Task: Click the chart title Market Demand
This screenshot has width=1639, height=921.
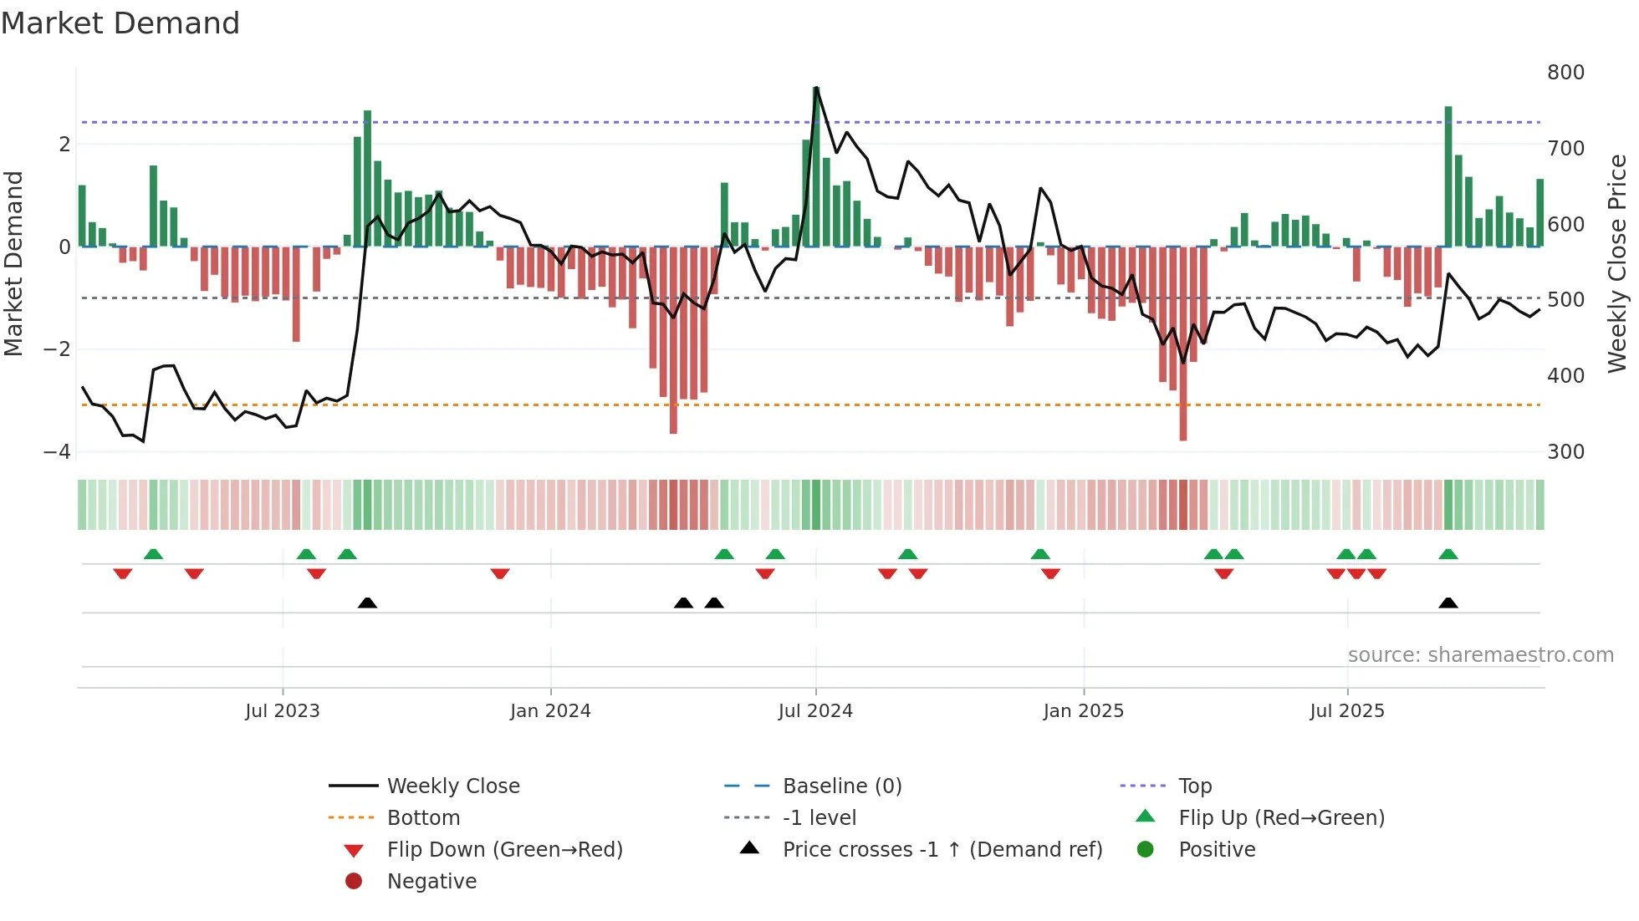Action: click(120, 23)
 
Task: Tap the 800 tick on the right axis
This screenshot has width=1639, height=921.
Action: click(1565, 73)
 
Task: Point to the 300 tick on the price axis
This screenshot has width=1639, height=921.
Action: click(1565, 452)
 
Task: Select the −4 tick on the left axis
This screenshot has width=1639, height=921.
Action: click(57, 452)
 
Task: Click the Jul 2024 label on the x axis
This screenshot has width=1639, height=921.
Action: click(815, 711)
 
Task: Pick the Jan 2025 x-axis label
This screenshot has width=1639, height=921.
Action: click(1083, 711)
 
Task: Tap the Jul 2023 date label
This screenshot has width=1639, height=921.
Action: click(283, 711)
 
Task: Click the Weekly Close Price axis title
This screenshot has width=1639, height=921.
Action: click(1617, 263)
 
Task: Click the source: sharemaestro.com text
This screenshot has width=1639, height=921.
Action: click(1480, 655)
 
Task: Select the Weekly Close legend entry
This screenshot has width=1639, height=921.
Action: click(452, 786)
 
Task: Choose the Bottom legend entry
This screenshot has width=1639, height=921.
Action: click(423, 818)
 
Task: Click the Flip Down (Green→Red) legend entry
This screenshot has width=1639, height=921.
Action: click(504, 850)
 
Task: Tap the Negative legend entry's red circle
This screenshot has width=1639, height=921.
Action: click(354, 882)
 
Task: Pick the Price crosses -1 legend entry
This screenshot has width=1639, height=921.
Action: click(942, 850)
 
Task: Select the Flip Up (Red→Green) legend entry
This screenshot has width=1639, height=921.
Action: click(1281, 818)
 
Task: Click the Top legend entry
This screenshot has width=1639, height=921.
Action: click(1195, 786)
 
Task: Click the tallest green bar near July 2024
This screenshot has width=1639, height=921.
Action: click(816, 167)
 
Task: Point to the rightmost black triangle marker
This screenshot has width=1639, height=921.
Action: click(1448, 603)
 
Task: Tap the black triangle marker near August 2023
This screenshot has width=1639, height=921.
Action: click(367, 603)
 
